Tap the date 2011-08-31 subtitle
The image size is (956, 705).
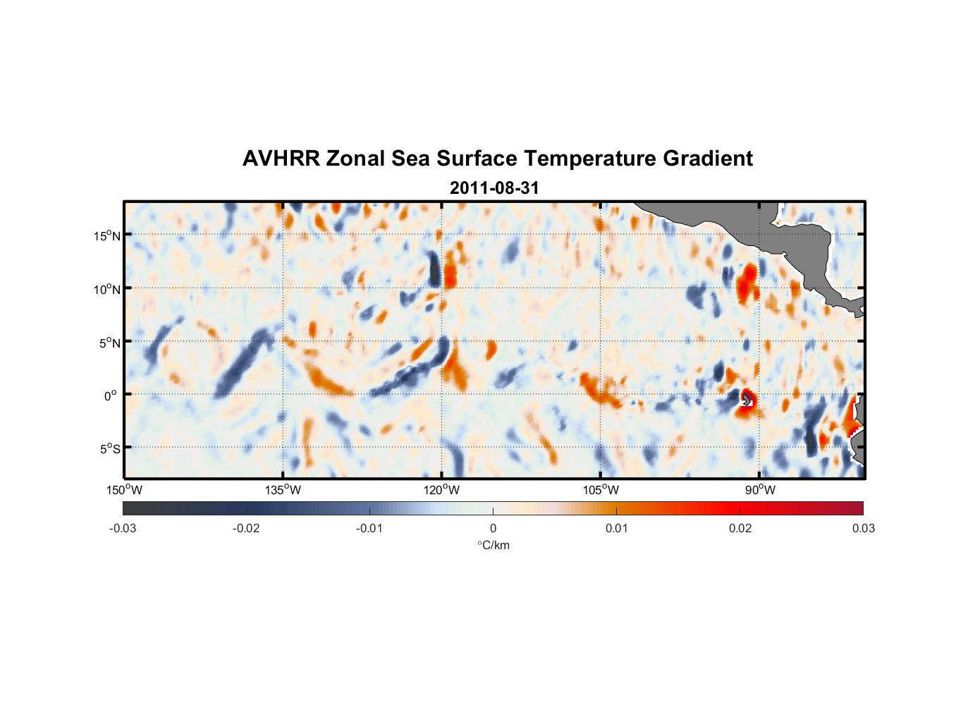(x=494, y=188)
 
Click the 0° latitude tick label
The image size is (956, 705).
(x=110, y=396)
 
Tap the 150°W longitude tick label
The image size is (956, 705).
(x=124, y=490)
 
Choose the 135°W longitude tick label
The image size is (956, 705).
(x=283, y=490)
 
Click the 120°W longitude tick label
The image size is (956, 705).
(x=441, y=490)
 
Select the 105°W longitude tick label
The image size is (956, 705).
(x=601, y=490)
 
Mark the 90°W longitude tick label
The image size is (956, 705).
(x=760, y=490)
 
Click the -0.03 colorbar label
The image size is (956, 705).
(x=123, y=528)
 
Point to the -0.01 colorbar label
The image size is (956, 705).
(x=369, y=528)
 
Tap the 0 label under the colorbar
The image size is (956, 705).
(x=493, y=528)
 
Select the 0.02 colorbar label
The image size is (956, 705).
(x=740, y=528)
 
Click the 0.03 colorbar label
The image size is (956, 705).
(x=863, y=528)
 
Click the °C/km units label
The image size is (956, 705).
(x=493, y=545)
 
